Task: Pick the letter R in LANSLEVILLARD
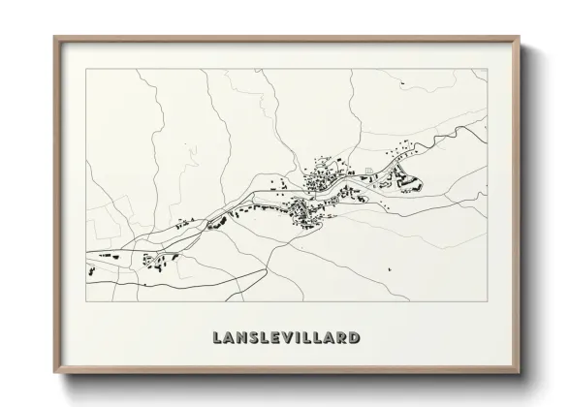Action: click(x=344, y=338)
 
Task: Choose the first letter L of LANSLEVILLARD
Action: click(x=217, y=338)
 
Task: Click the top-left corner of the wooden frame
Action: click(x=54, y=37)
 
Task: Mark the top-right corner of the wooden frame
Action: click(x=520, y=37)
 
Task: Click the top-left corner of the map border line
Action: click(x=85, y=69)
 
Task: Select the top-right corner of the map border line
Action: click(x=488, y=69)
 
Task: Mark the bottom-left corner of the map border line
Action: click(x=85, y=300)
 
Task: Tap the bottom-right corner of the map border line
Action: click(x=488, y=300)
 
